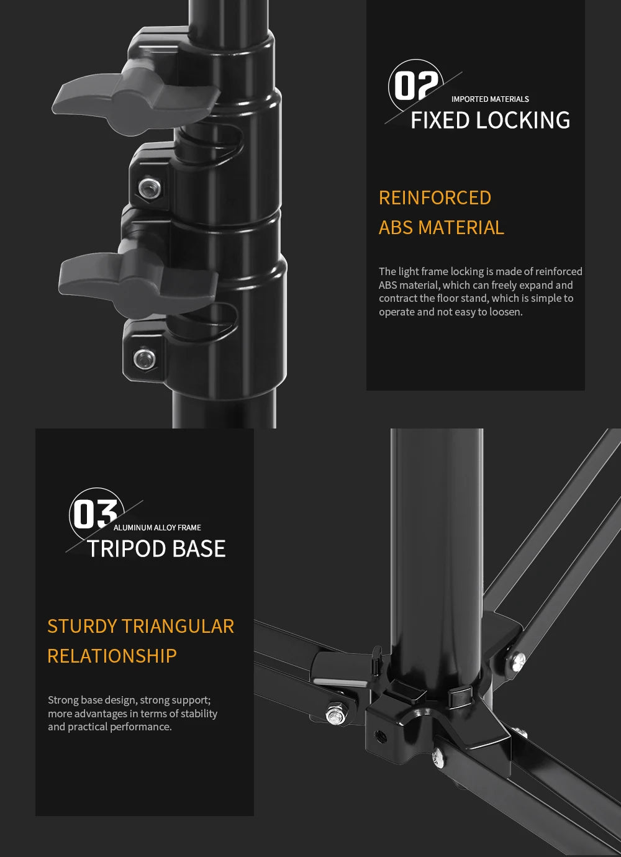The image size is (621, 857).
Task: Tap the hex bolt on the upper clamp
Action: click(x=150, y=188)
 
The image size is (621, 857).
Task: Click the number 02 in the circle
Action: click(x=416, y=86)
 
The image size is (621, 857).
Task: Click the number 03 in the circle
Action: click(x=96, y=514)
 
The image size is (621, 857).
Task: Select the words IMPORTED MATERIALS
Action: click(x=490, y=99)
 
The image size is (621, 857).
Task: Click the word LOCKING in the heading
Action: click(x=524, y=120)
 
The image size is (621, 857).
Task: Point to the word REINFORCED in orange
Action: click(x=435, y=198)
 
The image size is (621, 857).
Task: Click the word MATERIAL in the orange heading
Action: click(x=461, y=228)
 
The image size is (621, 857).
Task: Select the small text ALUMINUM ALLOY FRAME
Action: click(x=157, y=528)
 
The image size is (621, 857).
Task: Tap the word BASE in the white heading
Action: click(x=199, y=548)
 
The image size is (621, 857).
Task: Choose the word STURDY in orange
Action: click(x=82, y=627)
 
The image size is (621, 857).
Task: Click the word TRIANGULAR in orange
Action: click(x=178, y=627)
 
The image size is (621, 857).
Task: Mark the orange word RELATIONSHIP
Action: click(x=112, y=656)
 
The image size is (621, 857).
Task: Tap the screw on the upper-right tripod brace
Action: click(x=518, y=660)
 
